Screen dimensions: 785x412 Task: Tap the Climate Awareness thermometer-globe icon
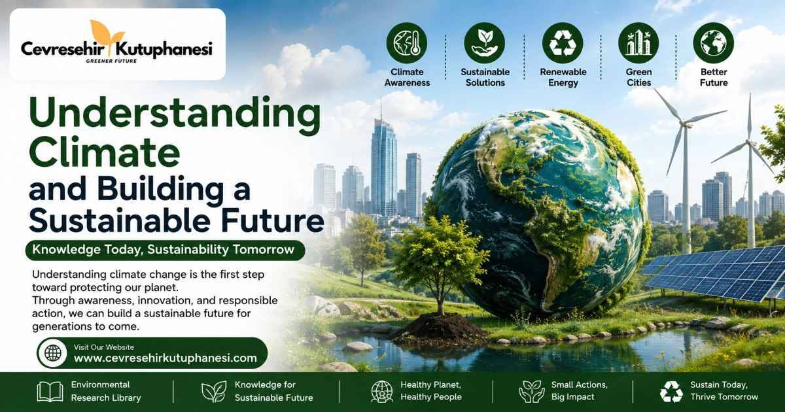click(406, 43)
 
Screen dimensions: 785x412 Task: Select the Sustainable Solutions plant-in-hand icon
click(485, 43)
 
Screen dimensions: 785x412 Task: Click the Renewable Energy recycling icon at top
click(563, 43)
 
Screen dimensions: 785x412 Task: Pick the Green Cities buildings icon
click(638, 43)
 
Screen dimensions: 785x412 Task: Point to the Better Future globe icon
click(714, 43)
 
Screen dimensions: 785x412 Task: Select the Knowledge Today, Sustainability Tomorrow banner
click(165, 250)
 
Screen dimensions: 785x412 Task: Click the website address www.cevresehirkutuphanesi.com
click(165, 358)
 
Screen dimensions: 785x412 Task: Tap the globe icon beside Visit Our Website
click(53, 352)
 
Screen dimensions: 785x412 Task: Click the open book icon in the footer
click(50, 392)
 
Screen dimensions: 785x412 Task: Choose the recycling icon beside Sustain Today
click(671, 392)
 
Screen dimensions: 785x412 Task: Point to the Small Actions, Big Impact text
click(580, 390)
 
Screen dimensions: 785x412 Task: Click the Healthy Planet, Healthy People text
click(431, 390)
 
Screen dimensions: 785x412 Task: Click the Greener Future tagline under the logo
click(111, 61)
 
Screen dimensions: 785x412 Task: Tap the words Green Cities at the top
click(638, 77)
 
